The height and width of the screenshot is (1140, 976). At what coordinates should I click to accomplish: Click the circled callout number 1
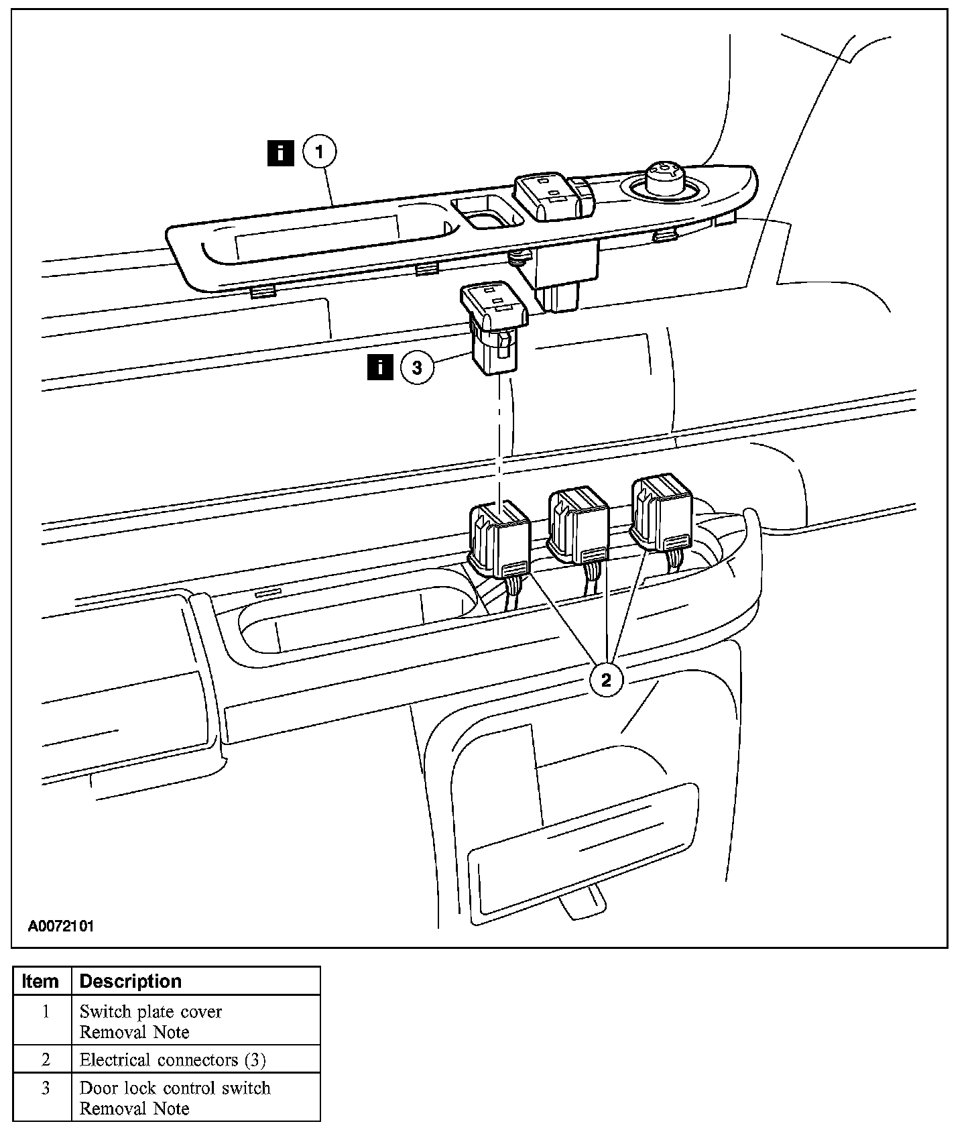319,152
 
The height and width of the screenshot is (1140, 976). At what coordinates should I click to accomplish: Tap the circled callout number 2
606,680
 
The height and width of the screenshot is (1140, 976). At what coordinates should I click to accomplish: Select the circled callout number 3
417,368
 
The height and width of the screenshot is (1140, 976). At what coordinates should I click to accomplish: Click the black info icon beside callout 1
280,152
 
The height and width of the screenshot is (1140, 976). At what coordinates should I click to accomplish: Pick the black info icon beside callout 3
380,368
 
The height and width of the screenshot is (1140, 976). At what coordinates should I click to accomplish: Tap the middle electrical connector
578,525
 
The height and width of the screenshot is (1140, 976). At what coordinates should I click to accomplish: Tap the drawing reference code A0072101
61,926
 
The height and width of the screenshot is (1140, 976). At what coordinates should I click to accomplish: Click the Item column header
40,981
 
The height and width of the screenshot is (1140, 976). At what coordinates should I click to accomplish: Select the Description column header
131,981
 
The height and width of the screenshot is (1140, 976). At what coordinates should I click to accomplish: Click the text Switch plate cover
151,1011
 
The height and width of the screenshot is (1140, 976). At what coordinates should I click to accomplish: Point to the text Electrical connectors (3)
173,1060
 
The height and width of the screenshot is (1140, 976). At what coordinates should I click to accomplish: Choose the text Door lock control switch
175,1088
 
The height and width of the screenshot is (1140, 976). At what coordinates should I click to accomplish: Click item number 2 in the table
46,1060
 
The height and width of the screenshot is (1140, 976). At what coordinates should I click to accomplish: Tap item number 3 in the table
46,1088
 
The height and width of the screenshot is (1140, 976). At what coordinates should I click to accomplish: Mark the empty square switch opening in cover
487,211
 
